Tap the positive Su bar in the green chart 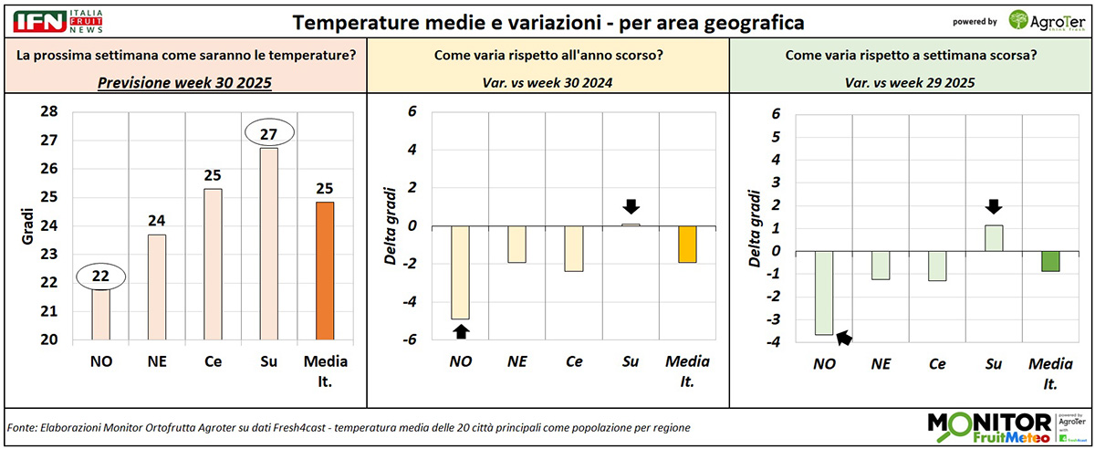click(x=994, y=237)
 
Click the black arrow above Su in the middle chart click(x=631, y=205)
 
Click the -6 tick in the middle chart click(x=412, y=339)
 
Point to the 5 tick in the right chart click(x=776, y=137)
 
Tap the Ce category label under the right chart click(x=937, y=364)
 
